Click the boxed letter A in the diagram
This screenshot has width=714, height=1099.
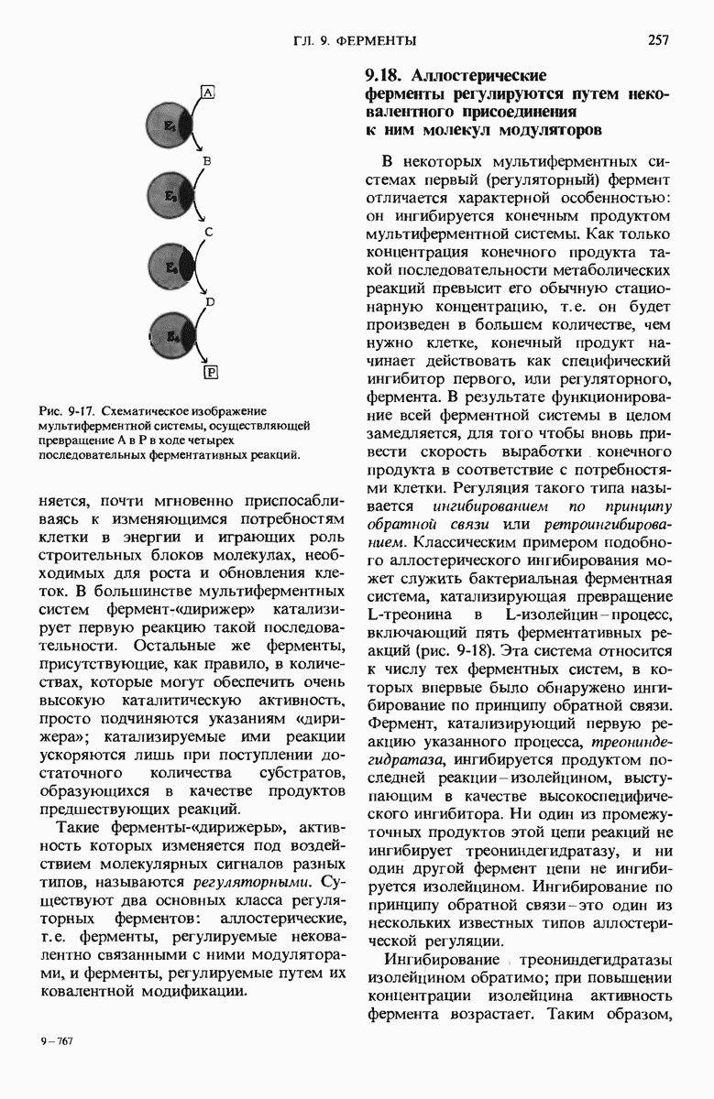point(207,92)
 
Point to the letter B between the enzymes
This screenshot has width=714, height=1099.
point(208,161)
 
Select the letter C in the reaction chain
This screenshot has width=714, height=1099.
point(209,232)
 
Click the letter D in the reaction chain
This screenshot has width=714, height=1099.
point(210,300)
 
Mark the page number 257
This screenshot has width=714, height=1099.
point(658,39)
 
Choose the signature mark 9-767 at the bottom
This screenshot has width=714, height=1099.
point(55,1041)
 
